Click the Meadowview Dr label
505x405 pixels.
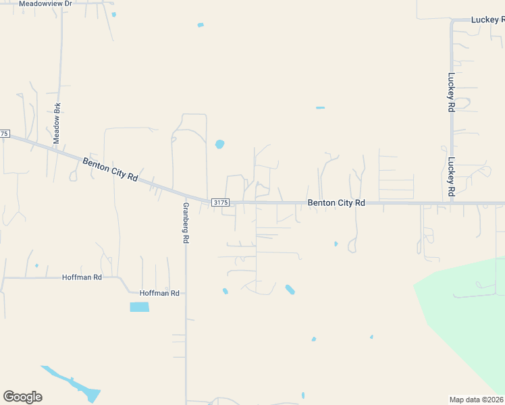click(45, 3)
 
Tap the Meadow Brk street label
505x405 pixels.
click(57, 122)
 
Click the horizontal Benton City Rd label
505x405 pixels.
click(336, 202)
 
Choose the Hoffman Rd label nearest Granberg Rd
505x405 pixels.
click(159, 293)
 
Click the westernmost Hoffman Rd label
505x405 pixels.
click(82, 277)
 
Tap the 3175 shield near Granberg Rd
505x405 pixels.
click(221, 202)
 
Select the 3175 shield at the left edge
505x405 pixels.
click(4, 134)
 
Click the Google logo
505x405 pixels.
click(22, 397)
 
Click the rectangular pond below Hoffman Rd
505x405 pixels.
click(139, 306)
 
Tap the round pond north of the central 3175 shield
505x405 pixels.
click(219, 144)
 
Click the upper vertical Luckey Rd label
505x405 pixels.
click(451, 86)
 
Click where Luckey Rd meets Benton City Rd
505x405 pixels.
click(451, 202)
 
